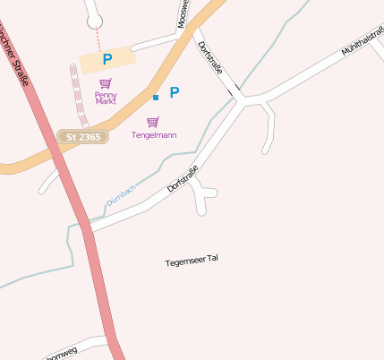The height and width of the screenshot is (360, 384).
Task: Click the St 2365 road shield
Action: click(82, 137)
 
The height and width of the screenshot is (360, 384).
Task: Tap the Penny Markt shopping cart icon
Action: click(106, 83)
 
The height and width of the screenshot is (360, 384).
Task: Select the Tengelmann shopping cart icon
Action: click(153, 122)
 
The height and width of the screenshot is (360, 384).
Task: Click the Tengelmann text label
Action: click(154, 135)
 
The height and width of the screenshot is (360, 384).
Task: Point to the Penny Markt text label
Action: click(106, 98)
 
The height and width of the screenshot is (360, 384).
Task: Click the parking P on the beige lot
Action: click(107, 60)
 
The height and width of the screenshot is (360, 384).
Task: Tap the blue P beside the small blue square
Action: click(175, 92)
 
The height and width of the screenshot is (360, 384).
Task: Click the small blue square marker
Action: click(156, 97)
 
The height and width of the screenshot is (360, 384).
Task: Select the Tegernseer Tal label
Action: click(192, 261)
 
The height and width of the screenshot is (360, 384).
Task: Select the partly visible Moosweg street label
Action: click(183, 13)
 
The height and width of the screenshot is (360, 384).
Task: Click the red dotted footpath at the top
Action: click(98, 39)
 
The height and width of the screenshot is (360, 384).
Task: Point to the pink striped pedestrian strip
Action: click(78, 95)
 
